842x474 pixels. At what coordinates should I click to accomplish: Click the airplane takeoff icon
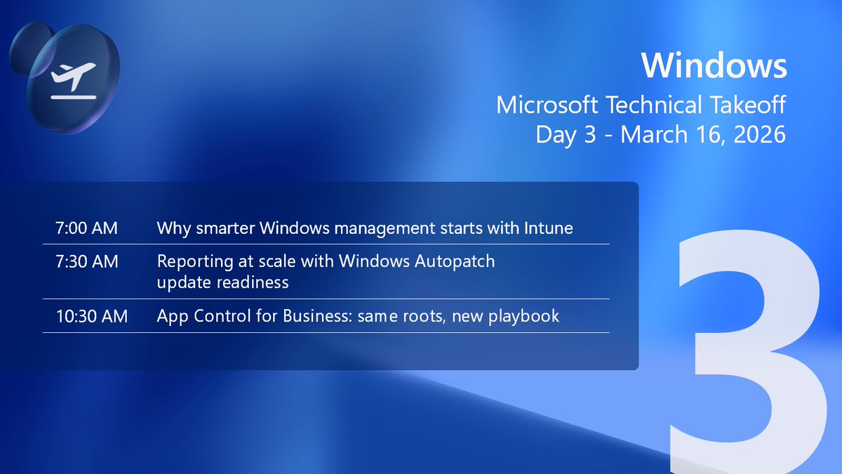(72, 79)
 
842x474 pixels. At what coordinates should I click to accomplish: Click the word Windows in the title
(713, 66)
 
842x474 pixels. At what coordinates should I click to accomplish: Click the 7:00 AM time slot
(86, 228)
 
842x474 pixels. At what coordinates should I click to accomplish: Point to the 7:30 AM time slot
(86, 262)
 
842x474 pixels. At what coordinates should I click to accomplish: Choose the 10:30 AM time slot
(92, 317)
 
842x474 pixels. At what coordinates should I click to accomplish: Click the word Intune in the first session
(547, 228)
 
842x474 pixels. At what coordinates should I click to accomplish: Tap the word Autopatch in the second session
(455, 262)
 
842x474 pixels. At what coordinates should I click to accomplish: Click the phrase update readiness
(222, 282)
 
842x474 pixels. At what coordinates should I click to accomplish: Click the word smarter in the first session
(222, 228)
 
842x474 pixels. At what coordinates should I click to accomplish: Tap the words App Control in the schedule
(204, 317)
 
